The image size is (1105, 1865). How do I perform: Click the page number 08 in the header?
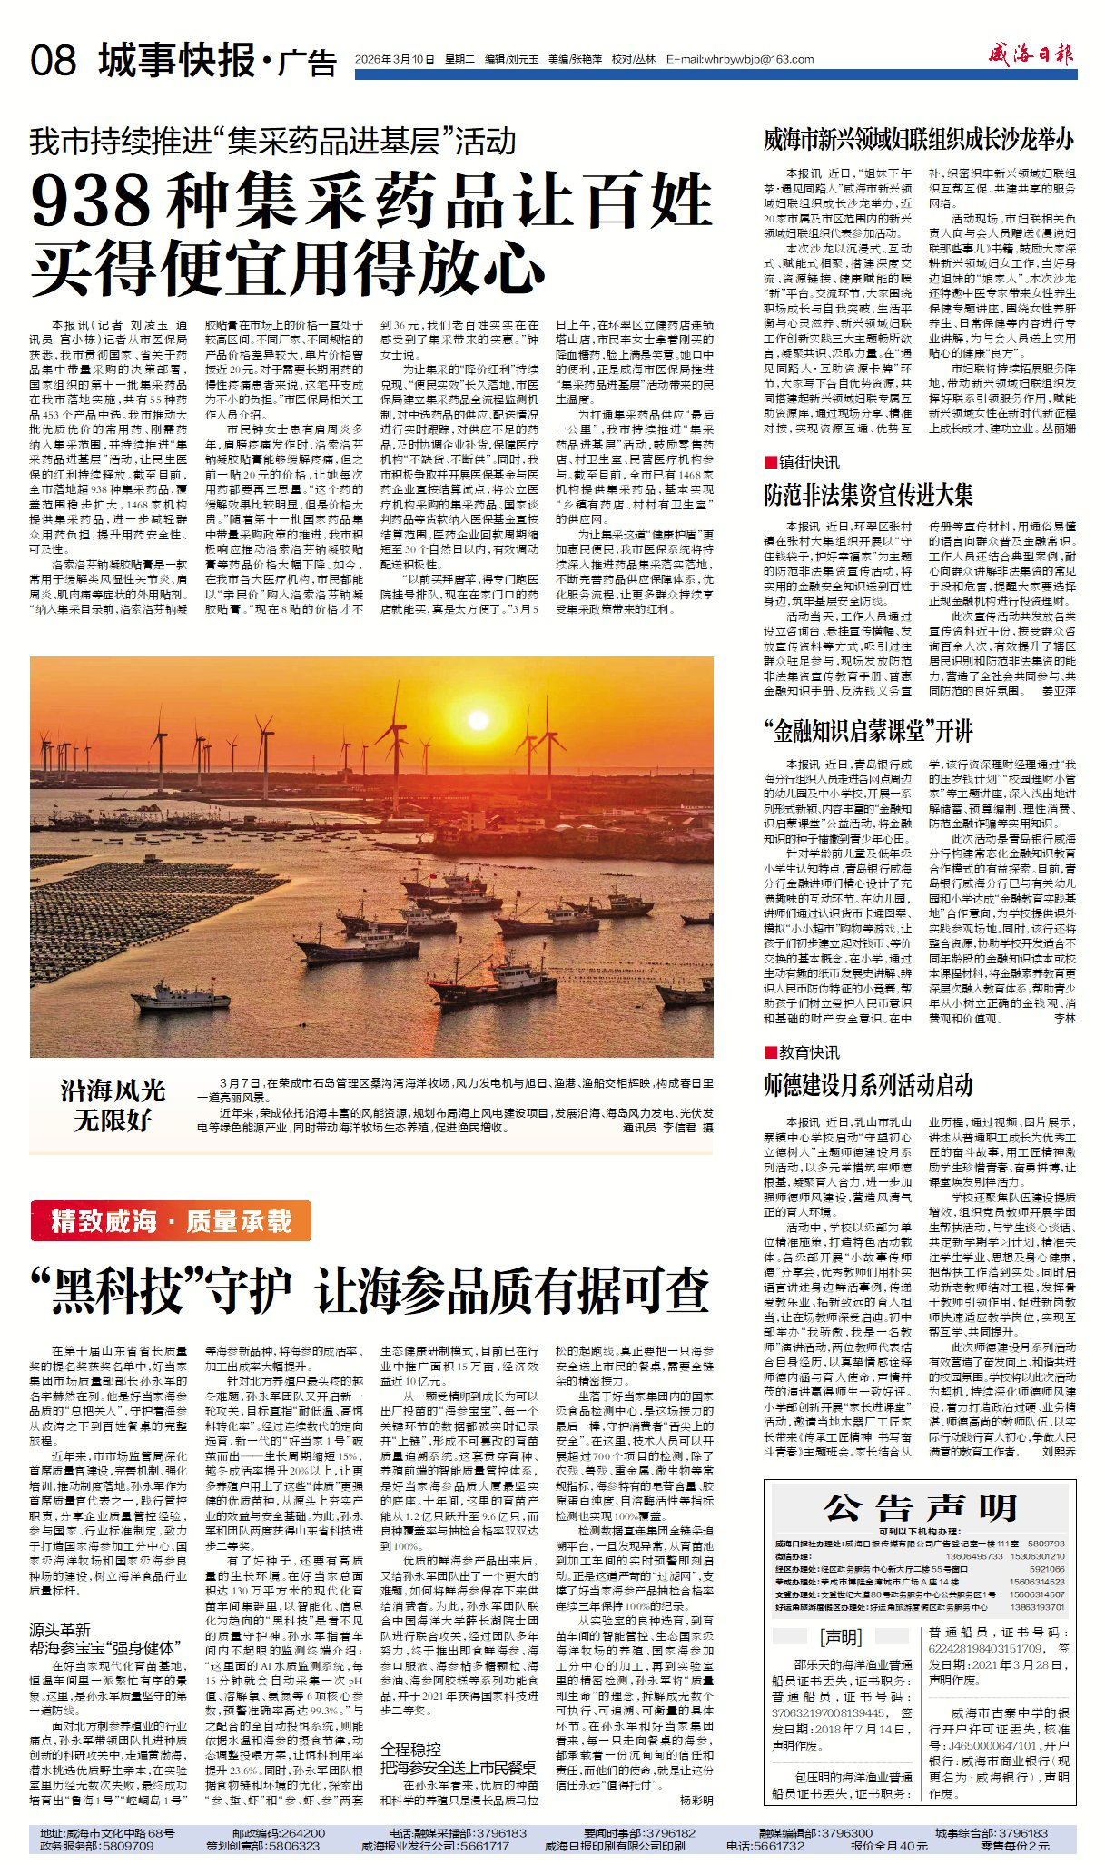click(53, 61)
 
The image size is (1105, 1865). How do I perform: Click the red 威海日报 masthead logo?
click(1031, 54)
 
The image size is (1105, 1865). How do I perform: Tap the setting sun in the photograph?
click(477, 720)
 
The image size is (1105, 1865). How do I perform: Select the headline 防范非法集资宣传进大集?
click(868, 495)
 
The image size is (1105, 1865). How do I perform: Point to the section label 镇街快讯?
click(808, 462)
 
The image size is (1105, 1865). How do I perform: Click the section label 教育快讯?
click(808, 1052)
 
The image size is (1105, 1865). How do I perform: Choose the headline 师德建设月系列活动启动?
click(868, 1085)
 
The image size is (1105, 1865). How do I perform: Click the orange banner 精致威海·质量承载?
click(171, 1221)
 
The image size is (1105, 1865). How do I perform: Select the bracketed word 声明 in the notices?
click(841, 1637)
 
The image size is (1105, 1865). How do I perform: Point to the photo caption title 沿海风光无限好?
click(113, 1105)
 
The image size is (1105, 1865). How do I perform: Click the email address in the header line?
click(740, 59)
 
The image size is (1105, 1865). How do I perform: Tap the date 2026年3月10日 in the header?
click(395, 59)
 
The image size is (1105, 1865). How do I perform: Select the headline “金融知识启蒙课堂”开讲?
click(868, 730)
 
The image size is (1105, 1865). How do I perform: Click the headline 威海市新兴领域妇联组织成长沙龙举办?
click(918, 140)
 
